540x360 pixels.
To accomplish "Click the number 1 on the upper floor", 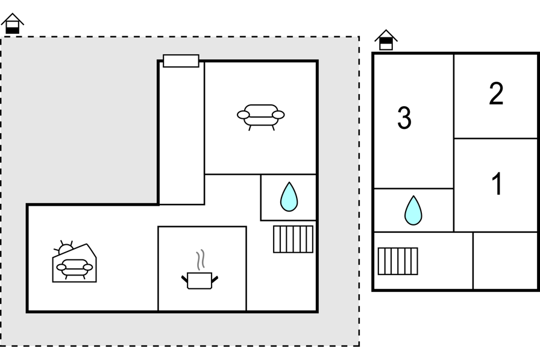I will (497, 185).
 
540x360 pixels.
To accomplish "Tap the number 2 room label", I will (496, 95).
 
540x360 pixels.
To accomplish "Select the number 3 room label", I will (404, 118).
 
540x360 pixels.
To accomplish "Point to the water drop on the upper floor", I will (413, 210).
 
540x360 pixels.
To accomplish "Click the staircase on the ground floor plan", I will (293, 239).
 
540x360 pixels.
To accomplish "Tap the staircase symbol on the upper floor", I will (398, 261).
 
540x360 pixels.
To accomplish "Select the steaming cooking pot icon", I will (199, 279).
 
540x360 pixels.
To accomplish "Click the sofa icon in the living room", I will (261, 114).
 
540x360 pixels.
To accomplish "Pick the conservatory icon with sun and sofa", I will (74, 263).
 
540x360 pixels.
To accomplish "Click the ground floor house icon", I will (12, 24).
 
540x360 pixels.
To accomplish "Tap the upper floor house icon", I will (386, 40).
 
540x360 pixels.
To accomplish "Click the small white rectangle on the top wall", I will (181, 61).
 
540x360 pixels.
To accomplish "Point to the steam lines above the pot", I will (202, 259).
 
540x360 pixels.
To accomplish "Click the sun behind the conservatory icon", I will (64, 247).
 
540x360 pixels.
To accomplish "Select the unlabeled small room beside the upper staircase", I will (504, 261).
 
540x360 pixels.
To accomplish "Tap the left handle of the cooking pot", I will (184, 279).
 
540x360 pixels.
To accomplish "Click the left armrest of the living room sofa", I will (243, 115).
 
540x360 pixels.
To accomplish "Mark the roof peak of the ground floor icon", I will (12, 15).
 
